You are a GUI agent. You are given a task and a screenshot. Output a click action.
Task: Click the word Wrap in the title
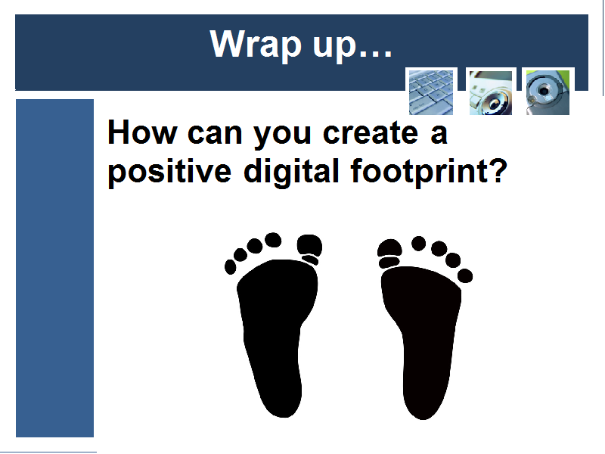point(255,45)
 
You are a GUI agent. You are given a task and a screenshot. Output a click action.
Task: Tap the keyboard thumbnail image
point(431,92)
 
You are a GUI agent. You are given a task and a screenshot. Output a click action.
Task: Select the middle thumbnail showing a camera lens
point(490,92)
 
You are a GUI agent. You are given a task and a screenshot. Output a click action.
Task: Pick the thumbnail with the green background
point(548,92)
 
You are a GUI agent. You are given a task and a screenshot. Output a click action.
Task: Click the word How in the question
point(142,132)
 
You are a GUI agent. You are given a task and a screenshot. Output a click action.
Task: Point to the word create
point(370,133)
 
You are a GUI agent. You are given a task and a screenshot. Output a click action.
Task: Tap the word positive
point(169,172)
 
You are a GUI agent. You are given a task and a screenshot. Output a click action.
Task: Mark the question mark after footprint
point(500,169)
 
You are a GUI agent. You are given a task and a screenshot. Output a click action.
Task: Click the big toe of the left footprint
point(309,245)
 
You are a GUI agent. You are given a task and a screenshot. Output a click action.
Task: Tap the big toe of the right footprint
point(389,247)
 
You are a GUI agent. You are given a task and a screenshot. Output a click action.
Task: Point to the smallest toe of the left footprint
point(231,267)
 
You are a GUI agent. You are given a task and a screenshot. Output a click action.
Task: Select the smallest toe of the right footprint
point(465,276)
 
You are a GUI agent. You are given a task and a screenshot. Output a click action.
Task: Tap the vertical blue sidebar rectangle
point(54,268)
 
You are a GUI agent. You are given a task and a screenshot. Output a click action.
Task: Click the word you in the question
point(282,136)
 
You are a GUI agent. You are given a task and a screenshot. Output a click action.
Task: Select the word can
point(215,135)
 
